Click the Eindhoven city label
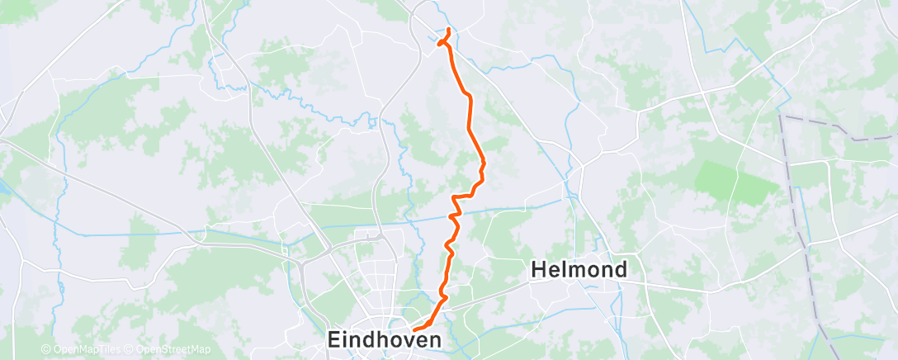point(384,339)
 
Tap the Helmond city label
point(579,269)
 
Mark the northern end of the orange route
point(448,31)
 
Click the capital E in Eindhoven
point(335,339)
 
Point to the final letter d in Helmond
point(620,269)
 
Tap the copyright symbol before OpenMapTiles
point(46,350)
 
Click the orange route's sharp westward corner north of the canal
point(453,198)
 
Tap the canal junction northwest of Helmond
point(568,199)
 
